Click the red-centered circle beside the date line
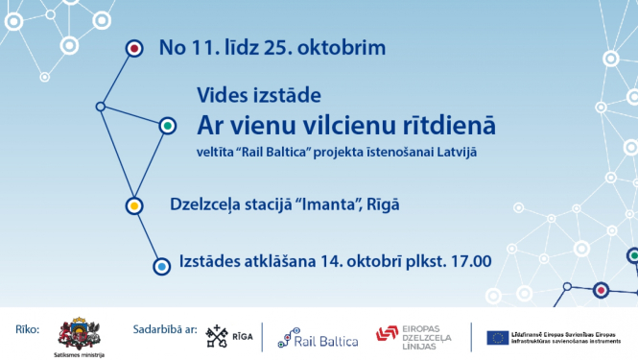click(x=134, y=47)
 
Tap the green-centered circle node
click(x=168, y=126)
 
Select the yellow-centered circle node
click(x=135, y=205)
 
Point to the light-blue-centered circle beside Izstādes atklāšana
click(x=161, y=264)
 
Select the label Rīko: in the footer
click(x=27, y=330)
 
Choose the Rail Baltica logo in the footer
click(x=318, y=337)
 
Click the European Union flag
click(x=497, y=336)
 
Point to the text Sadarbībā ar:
click(x=165, y=330)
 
